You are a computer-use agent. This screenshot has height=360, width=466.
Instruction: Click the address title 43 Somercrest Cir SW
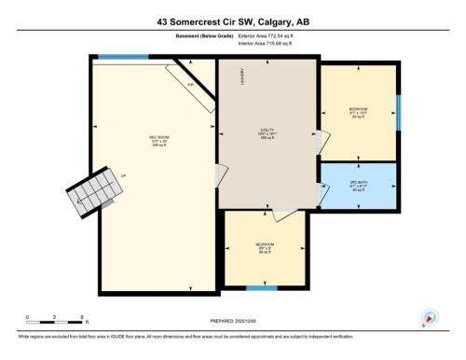point(233,21)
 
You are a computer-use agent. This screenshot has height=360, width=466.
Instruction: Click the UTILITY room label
point(268,132)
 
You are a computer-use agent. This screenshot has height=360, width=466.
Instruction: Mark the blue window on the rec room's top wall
point(123,56)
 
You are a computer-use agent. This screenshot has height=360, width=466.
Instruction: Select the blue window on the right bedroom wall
point(399,111)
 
